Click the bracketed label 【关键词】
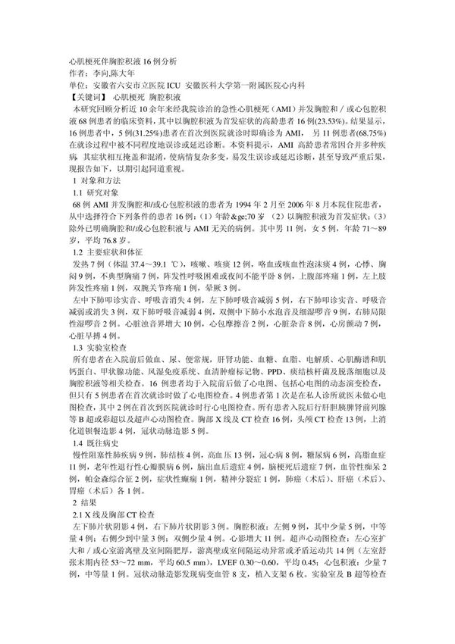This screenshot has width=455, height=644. [81, 98]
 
